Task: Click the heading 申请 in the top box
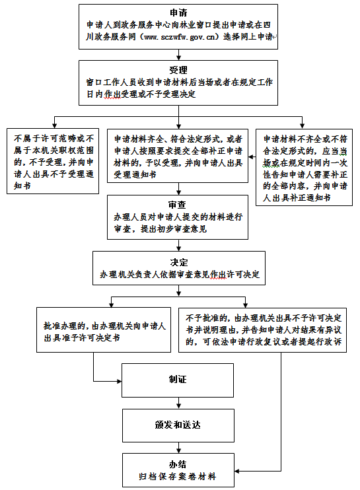(178, 13)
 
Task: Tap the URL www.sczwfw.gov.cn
(180, 37)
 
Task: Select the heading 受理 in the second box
(178, 70)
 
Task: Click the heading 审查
(177, 205)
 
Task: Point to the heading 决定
(179, 263)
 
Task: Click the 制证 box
(178, 380)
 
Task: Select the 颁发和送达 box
(178, 426)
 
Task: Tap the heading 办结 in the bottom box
(178, 464)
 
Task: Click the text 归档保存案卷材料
(178, 477)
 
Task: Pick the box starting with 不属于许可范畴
(53, 161)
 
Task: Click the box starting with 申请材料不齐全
(304, 167)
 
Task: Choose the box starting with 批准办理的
(104, 330)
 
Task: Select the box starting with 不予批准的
(262, 330)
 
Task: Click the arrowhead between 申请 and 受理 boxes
(179, 57)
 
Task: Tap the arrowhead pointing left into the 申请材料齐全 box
(251, 157)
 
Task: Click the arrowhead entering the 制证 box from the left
(119, 381)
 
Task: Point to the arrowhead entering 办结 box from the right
(237, 471)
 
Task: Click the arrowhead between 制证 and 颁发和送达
(179, 406)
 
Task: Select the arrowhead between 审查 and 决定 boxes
(179, 248)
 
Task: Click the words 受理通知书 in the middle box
(135, 174)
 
